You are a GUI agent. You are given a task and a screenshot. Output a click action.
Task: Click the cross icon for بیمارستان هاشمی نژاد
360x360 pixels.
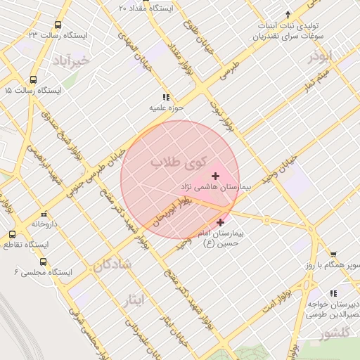click(x=215, y=174)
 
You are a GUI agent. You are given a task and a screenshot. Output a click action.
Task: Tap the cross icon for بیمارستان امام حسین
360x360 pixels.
click(x=220, y=222)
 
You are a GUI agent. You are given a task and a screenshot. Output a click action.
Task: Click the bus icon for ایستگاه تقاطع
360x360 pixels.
click(x=12, y=234)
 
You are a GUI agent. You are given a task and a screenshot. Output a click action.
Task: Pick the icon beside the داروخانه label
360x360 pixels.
click(x=44, y=213)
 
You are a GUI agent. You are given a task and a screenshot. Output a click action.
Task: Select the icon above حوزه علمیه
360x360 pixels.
click(x=166, y=97)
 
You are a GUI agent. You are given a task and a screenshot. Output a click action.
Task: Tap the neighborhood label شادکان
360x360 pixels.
click(x=111, y=265)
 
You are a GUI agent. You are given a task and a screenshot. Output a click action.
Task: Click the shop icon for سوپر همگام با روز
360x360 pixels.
click(x=333, y=255)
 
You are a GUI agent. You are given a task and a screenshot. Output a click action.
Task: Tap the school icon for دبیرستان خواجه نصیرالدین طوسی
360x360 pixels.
click(x=333, y=292)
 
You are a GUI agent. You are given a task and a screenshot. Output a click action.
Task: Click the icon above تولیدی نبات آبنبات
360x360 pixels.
click(x=287, y=14)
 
